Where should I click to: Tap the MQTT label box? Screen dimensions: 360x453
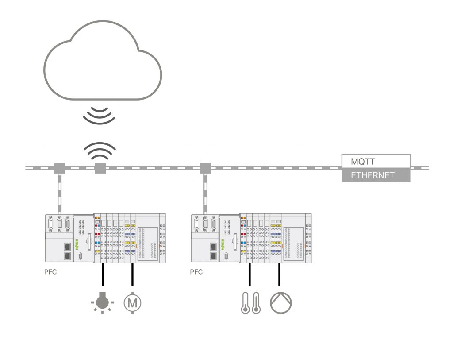pyautogui.click(x=376, y=160)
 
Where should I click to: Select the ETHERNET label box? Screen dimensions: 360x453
pyautogui.click(x=376, y=175)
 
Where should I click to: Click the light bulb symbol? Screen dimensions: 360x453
pyautogui.click(x=102, y=302)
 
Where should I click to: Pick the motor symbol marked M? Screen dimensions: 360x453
pyautogui.click(x=133, y=303)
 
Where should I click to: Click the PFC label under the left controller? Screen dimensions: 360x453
pyautogui.click(x=50, y=272)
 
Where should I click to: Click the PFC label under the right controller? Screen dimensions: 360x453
pyautogui.click(x=196, y=272)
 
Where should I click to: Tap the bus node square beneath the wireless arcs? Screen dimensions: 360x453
pyautogui.click(x=100, y=168)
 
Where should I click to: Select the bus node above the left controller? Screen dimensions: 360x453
pyautogui.click(x=59, y=168)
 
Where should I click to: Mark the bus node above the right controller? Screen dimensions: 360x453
pyautogui.click(x=205, y=168)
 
